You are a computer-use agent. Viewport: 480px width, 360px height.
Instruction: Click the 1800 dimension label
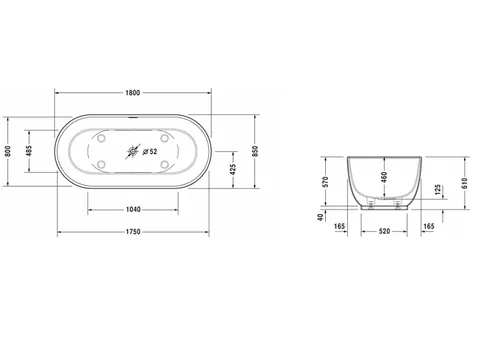133,93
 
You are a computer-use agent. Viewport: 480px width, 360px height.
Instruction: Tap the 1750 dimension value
133,232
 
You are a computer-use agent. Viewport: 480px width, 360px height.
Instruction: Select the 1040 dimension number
133,209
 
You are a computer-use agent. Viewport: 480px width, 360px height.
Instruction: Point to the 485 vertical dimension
29,151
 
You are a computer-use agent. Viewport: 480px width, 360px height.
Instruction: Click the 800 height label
8,151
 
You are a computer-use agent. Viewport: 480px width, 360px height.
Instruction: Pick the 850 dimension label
255,151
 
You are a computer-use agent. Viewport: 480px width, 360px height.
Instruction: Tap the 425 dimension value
233,169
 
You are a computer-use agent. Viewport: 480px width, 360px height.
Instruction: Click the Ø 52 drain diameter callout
150,152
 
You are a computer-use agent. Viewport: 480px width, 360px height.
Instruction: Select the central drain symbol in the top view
133,152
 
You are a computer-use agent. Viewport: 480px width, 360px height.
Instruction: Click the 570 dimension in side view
326,182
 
